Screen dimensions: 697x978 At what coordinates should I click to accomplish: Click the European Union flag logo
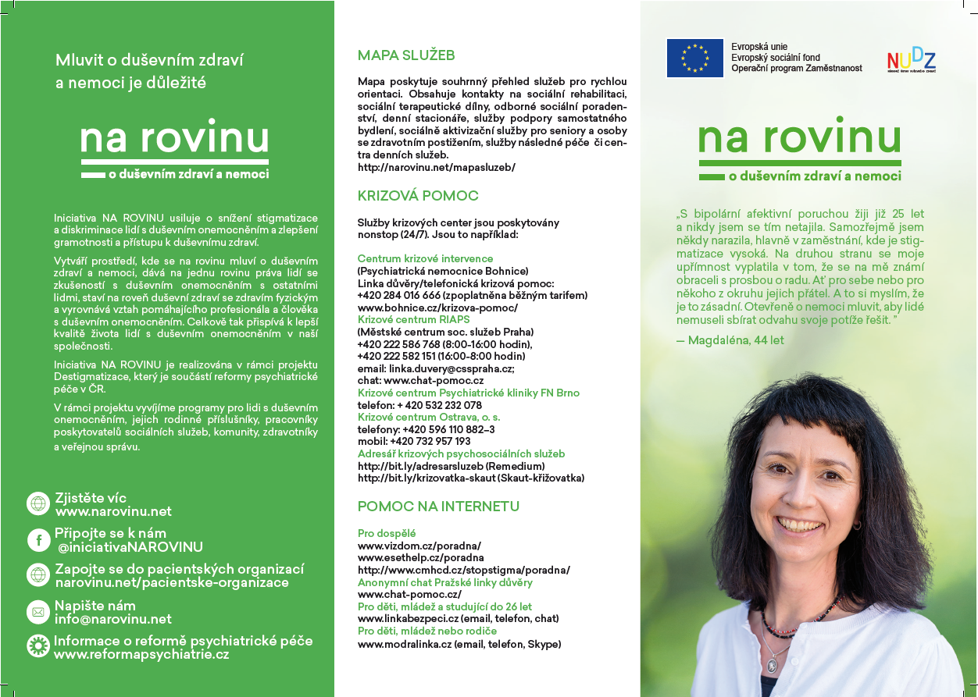coord(694,58)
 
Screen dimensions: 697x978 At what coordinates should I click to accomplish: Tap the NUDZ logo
coord(911,60)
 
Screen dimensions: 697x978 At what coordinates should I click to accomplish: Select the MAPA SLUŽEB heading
coord(406,55)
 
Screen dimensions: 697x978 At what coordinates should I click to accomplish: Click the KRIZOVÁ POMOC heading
coord(418,196)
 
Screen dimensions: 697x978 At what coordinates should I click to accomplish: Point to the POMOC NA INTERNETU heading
coord(438,507)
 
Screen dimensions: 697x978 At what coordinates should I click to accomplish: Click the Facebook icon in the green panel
coord(37,539)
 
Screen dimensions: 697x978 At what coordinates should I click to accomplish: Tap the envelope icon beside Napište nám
coord(37,612)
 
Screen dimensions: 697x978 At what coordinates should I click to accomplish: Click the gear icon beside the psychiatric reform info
coord(37,646)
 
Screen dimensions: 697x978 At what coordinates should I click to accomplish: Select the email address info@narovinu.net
coord(112,620)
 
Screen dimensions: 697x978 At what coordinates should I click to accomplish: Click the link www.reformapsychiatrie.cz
coord(141,655)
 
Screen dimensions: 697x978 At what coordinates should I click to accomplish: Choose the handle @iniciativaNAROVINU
coord(130,547)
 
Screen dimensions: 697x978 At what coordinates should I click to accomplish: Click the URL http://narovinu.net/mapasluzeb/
coord(436,167)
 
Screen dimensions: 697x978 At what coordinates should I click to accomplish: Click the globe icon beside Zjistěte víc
coord(37,503)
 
